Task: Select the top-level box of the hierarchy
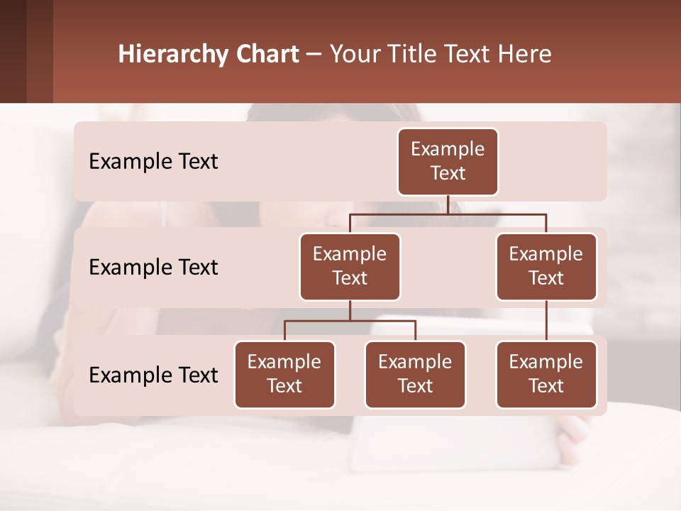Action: [448, 161]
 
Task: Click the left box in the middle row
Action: [350, 266]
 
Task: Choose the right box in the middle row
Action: [546, 266]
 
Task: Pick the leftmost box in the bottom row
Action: [284, 374]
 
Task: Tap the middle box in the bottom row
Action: [415, 374]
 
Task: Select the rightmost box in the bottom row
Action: [546, 374]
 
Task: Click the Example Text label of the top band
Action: [153, 162]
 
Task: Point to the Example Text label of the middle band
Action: [153, 268]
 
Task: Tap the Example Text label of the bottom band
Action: [153, 375]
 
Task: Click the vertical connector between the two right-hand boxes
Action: [546, 321]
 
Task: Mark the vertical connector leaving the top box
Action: [448, 204]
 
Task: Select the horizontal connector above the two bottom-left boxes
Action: [350, 321]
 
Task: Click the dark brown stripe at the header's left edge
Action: [13, 51]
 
